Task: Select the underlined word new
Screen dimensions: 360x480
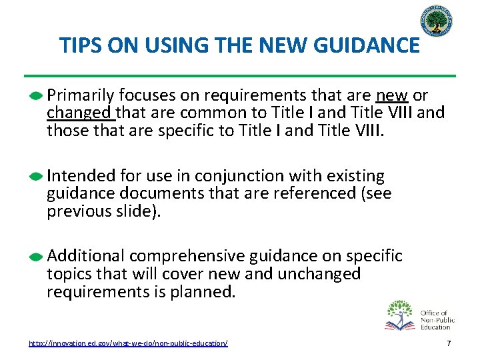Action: [392, 95]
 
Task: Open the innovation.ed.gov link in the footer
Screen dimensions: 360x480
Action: [128, 343]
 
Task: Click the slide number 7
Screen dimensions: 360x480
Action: [449, 343]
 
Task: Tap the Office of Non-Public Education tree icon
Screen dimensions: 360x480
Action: [400, 315]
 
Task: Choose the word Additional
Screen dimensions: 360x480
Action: [85, 256]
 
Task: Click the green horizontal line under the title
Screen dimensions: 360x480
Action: [240, 75]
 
